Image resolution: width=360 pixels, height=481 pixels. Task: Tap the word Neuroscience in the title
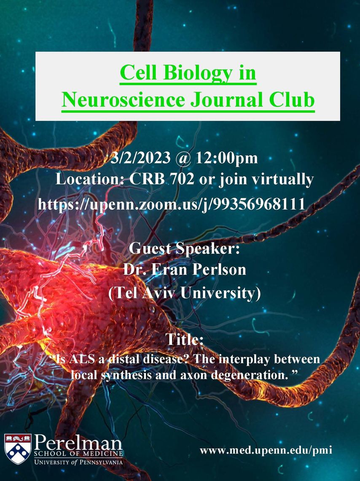(x=123, y=100)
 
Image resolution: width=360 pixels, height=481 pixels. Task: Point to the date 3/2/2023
(x=140, y=158)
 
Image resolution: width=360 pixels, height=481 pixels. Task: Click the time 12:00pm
(x=227, y=158)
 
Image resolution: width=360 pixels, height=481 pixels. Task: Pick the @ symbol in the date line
(x=183, y=159)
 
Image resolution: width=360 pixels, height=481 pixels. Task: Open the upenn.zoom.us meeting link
(x=172, y=204)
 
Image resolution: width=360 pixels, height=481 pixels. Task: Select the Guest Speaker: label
(x=184, y=249)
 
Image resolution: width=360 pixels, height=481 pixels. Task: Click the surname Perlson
(x=219, y=270)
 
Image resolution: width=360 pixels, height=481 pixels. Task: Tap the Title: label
(x=185, y=339)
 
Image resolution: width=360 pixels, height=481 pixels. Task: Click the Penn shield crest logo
(x=18, y=449)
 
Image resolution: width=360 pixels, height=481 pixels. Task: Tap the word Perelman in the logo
(x=78, y=443)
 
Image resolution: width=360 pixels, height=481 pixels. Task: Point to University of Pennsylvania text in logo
(x=78, y=462)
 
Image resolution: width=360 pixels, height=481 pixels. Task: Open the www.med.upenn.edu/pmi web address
(x=266, y=450)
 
